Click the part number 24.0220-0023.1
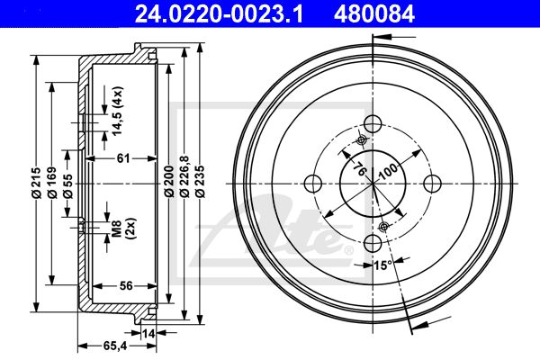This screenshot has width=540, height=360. pos(219,14)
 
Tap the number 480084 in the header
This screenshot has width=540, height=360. pos(374,14)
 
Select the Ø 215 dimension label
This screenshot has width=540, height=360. pos(37,183)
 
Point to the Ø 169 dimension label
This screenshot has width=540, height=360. pos(52,183)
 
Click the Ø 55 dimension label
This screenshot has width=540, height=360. pos(67,186)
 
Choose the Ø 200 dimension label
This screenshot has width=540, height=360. pos(169,181)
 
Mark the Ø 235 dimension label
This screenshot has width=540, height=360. pos(200,182)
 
